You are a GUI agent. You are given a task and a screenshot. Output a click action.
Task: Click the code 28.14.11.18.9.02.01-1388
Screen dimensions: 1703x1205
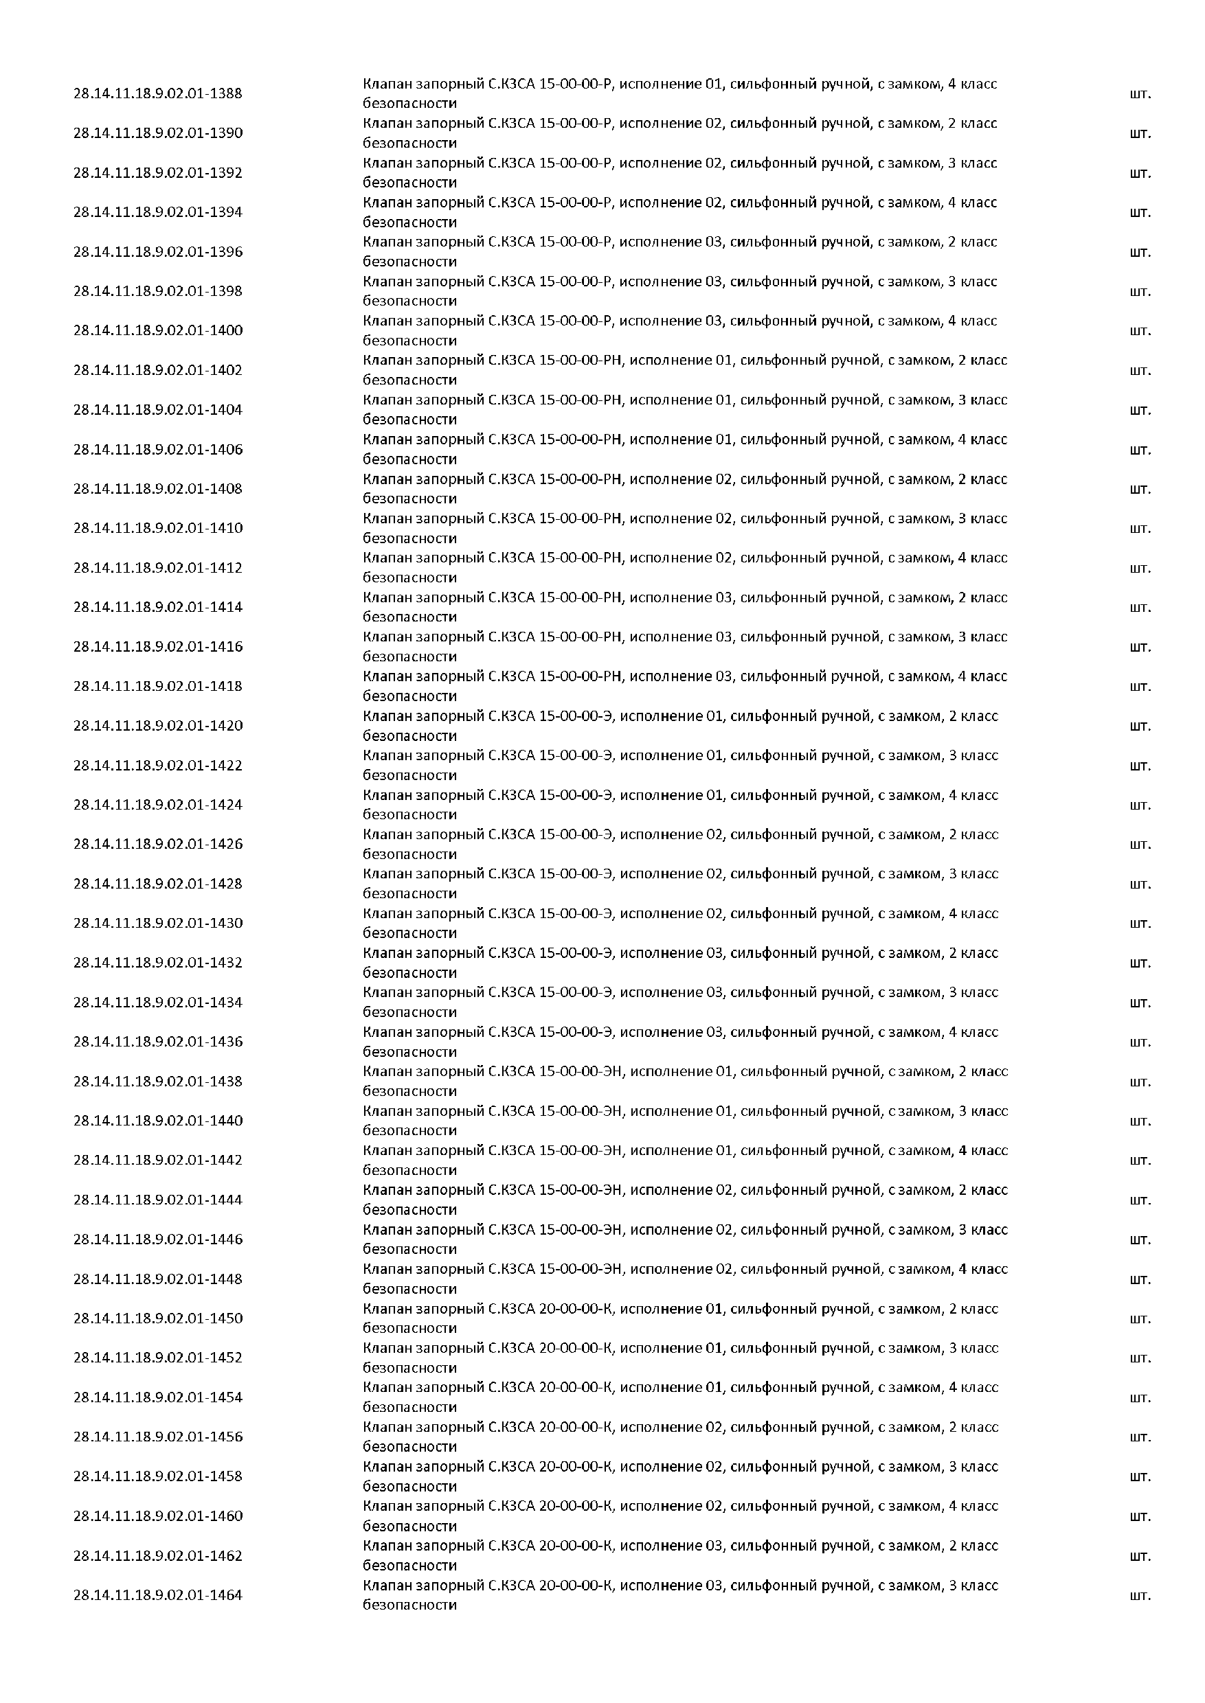(157, 93)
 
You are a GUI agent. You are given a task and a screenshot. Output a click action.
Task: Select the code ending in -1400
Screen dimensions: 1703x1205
(157, 331)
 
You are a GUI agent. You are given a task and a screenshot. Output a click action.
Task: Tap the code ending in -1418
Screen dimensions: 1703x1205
(157, 686)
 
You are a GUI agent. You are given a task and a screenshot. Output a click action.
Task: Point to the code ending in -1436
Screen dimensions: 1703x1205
(157, 1042)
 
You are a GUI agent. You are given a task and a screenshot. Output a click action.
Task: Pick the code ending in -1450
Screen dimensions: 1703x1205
(157, 1318)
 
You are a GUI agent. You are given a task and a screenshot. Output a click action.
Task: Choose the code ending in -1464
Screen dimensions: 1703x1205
(157, 1595)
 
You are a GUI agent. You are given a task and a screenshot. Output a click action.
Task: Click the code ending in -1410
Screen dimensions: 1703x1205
(157, 528)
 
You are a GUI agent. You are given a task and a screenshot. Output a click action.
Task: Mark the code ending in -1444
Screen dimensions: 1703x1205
(157, 1200)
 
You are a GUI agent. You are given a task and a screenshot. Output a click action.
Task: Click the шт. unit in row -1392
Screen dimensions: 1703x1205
(1140, 174)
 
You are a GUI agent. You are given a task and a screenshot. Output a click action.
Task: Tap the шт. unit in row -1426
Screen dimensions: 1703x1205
(1140, 844)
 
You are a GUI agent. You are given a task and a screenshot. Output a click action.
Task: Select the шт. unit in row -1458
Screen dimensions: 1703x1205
(1140, 1477)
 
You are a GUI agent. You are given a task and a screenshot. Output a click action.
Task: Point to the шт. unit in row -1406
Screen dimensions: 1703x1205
(1140, 450)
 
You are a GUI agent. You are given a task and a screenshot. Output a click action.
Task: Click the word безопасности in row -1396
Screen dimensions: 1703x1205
(409, 262)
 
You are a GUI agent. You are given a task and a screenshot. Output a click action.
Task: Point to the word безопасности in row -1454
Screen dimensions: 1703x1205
(409, 1407)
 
